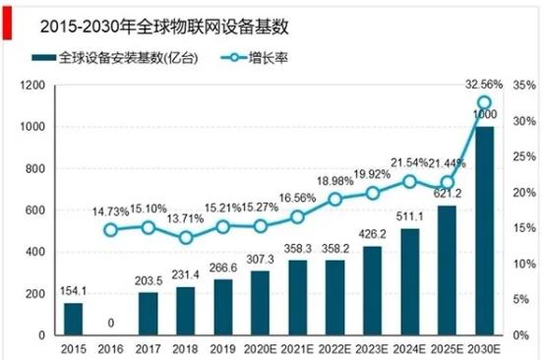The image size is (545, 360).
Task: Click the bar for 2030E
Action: [x=484, y=230]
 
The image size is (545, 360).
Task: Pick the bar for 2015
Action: [x=73, y=319]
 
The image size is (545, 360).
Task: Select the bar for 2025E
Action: [x=447, y=270]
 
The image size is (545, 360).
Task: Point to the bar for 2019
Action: [x=222, y=307]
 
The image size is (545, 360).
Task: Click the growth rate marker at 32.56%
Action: [x=484, y=102]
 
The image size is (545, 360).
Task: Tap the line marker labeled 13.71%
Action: [x=185, y=238]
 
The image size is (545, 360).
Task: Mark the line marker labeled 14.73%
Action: [x=110, y=230]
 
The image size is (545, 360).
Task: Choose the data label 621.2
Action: [x=447, y=196]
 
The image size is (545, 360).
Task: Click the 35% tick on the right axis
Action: [x=522, y=86]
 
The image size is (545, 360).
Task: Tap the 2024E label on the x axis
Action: [x=409, y=347]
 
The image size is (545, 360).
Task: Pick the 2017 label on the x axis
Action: [x=148, y=347]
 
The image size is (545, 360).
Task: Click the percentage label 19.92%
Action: [x=372, y=174]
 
